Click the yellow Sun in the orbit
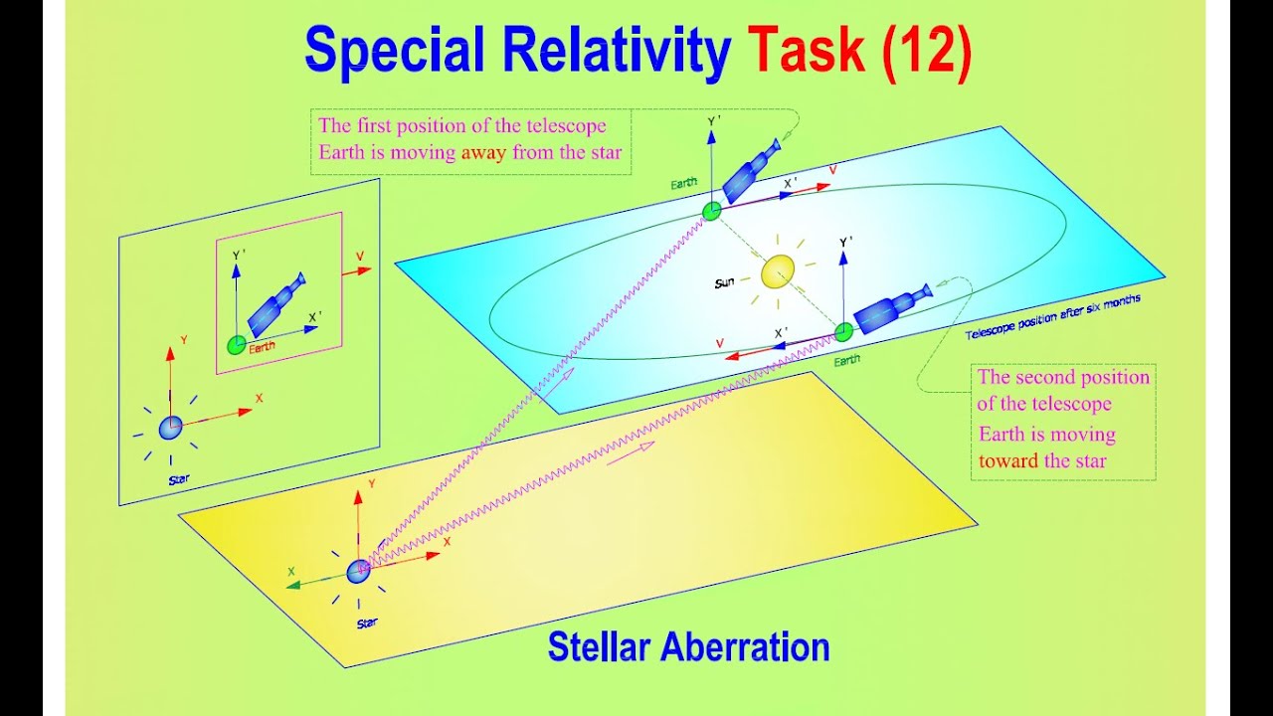[778, 272]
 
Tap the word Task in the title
[808, 51]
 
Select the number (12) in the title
[926, 51]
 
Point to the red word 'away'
[483, 153]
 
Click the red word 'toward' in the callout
[1008, 461]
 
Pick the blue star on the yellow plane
[358, 571]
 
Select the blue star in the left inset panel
[171, 428]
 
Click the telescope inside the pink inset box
[275, 305]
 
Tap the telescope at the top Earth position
[751, 171]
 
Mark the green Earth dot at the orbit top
[712, 211]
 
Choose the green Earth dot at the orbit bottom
[843, 331]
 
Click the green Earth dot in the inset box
[236, 345]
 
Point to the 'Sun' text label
[725, 283]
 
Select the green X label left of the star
[291, 572]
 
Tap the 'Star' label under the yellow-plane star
[367, 624]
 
